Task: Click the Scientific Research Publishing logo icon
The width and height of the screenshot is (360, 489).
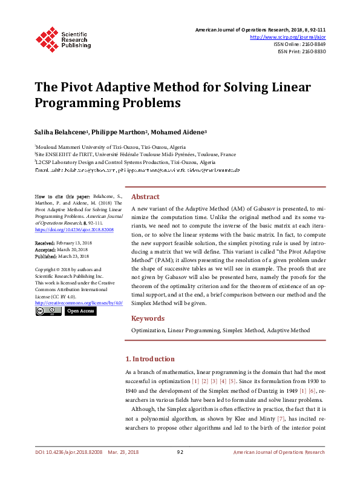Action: pyautogui.click(x=47, y=38)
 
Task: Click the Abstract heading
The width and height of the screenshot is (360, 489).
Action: pyautogui.click(x=145, y=197)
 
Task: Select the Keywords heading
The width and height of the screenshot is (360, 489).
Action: pyautogui.click(x=148, y=318)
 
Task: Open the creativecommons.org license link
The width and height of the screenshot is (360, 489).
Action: pyautogui.click(x=79, y=302)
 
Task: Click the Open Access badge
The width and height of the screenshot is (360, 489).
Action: pyautogui.click(x=80, y=311)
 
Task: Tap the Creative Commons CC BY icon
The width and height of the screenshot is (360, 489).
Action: pyautogui.click(x=48, y=311)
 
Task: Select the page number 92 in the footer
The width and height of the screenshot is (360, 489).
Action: pyautogui.click(x=180, y=452)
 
